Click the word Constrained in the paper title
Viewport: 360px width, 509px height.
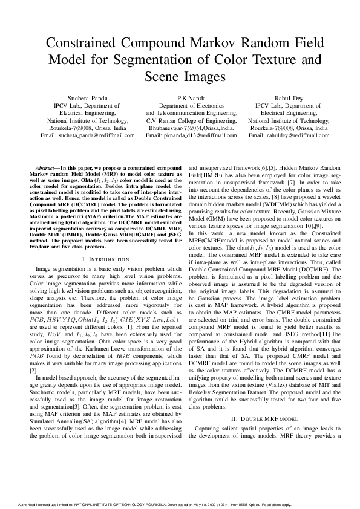(82, 43)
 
